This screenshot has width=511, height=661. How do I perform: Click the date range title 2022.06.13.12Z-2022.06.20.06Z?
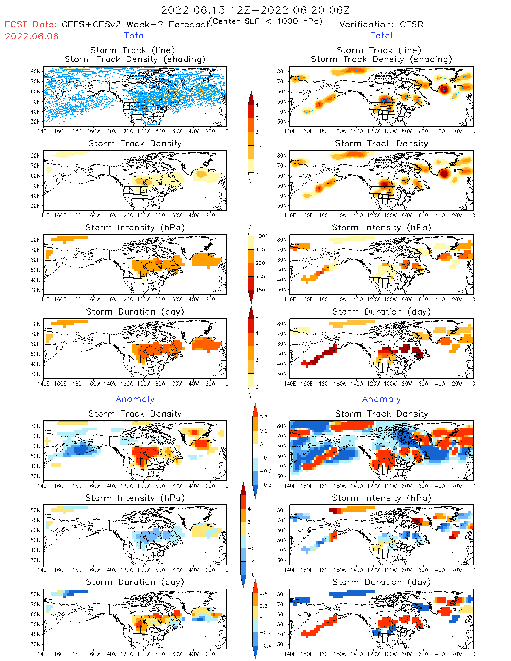click(255, 10)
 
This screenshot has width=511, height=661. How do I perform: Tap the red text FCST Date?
click(30, 24)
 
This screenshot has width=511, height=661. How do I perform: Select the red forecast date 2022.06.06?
click(32, 36)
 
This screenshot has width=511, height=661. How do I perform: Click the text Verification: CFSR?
click(381, 24)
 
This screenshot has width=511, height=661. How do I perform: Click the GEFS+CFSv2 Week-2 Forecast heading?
click(135, 24)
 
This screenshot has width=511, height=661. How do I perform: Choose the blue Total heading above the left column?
click(135, 35)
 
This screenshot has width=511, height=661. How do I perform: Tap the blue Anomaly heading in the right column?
click(381, 399)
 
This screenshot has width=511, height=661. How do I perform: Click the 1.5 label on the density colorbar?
click(259, 145)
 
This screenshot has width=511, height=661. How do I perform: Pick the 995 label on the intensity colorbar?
click(260, 250)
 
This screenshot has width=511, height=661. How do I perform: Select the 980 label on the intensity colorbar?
click(260, 290)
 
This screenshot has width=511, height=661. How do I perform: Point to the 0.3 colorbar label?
click(263, 417)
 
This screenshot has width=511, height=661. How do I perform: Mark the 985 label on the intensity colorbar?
click(260, 277)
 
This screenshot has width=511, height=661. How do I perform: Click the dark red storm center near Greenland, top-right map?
click(444, 89)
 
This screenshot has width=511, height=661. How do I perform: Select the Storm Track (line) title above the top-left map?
click(132, 50)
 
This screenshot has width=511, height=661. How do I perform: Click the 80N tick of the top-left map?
click(35, 71)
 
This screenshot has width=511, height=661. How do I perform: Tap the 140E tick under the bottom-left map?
click(43, 654)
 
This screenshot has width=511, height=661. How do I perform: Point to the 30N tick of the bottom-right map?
click(282, 645)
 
